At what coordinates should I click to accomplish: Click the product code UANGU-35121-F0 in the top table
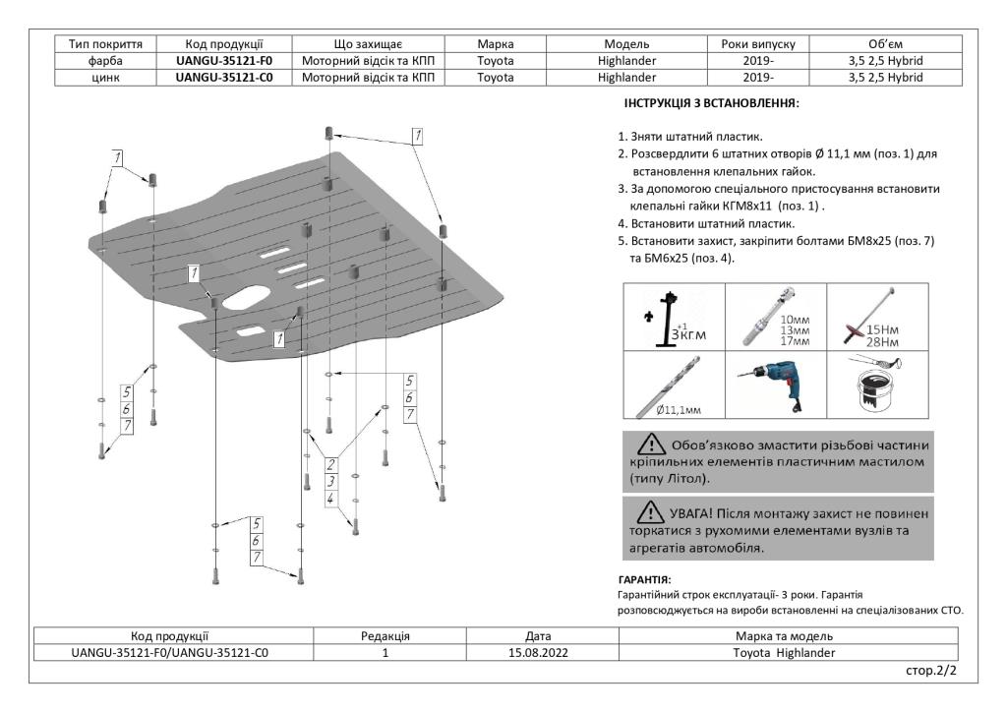(224, 60)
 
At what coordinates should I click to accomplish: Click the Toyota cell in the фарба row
(497, 60)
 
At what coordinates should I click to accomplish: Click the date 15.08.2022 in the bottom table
(533, 651)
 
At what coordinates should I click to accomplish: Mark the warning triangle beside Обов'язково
(652, 444)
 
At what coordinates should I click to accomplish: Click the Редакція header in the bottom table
(386, 635)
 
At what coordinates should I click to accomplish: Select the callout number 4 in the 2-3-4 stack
(331, 499)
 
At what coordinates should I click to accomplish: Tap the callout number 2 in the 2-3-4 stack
(331, 464)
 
